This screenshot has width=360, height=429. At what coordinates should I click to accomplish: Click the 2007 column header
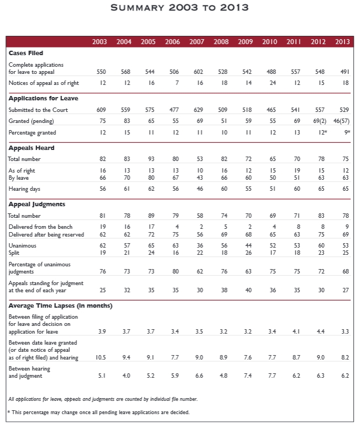tap(197, 41)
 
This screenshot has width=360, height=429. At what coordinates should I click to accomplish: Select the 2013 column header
tap(342, 41)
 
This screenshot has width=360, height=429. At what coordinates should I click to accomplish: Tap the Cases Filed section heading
tap(26, 53)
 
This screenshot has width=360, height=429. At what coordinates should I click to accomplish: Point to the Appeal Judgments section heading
tap(36, 205)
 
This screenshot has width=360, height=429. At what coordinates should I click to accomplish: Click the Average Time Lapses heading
tap(61, 305)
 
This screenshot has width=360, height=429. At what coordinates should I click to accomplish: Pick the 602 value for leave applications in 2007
tap(198, 72)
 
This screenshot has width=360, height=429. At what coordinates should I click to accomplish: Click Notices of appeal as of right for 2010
tap(273, 83)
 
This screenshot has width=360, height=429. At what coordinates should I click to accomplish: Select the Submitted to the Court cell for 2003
tap(101, 110)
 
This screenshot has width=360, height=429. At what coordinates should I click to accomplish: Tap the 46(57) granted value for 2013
tap(341, 121)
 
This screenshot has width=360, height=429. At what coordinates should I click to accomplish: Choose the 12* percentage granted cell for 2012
tap(323, 132)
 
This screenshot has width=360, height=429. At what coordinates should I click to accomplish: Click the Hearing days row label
tap(24, 189)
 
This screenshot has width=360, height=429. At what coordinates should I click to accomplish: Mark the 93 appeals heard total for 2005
tap(151, 159)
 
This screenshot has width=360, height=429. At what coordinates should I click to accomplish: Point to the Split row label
tap(14, 253)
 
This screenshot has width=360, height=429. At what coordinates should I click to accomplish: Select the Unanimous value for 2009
tap(249, 245)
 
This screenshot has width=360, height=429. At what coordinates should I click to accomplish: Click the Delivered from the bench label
tap(40, 227)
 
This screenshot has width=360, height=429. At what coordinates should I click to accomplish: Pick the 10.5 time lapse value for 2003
tap(101, 357)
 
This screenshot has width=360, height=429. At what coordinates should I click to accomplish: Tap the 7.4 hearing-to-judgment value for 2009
tap(248, 376)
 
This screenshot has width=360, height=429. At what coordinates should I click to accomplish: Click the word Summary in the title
tap(137, 7)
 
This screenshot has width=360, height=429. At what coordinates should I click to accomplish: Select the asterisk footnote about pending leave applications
tap(99, 412)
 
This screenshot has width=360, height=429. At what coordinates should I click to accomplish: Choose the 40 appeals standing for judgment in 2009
tap(249, 290)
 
